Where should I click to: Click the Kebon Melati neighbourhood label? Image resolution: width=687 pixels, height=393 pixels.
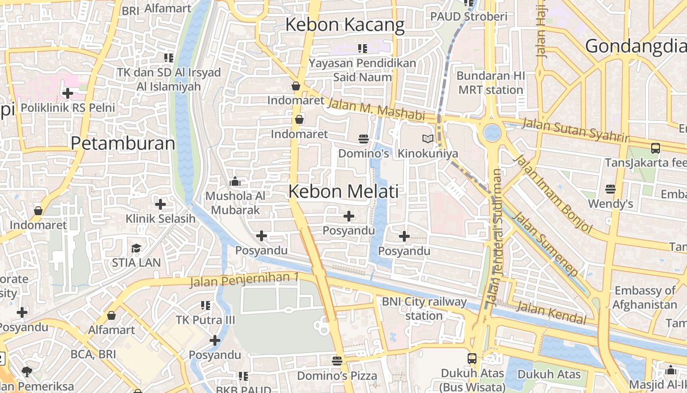pyautogui.click(x=343, y=191)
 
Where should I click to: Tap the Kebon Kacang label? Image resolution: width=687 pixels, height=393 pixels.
pyautogui.click(x=344, y=25)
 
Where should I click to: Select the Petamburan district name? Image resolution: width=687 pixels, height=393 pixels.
pyautogui.click(x=123, y=143)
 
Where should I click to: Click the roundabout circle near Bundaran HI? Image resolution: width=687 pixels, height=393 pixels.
pyautogui.click(x=492, y=132)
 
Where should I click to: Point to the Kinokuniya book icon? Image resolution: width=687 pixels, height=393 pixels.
pyautogui.click(x=428, y=139)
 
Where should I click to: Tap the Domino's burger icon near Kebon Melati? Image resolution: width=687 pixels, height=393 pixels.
pyautogui.click(x=363, y=139)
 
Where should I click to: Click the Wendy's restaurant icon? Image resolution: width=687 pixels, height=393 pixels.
pyautogui.click(x=610, y=189)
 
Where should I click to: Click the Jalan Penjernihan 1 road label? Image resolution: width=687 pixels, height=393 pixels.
pyautogui.click(x=244, y=280)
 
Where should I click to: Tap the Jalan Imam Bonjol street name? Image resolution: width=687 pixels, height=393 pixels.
pyautogui.click(x=552, y=194)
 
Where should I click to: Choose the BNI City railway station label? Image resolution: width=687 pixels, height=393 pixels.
pyautogui.click(x=424, y=309)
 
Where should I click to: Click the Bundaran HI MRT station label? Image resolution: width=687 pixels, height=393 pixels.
pyautogui.click(x=491, y=83)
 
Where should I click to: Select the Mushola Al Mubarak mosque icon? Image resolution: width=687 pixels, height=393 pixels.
pyautogui.click(x=235, y=182)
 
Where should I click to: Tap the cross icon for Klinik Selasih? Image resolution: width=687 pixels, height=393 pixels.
pyautogui.click(x=160, y=204)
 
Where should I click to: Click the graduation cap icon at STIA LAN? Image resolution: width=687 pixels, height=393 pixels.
pyautogui.click(x=136, y=248)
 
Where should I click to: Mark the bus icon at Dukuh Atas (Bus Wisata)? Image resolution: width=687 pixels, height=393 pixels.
pyautogui.click(x=472, y=358)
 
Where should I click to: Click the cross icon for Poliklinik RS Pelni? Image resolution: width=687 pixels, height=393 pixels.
pyautogui.click(x=67, y=93)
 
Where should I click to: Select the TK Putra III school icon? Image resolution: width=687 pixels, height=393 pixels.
pyautogui.click(x=206, y=306)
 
